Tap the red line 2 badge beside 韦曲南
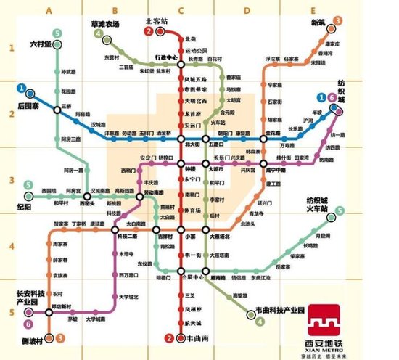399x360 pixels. [x=168, y=338]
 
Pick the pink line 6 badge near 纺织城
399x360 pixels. [x=331, y=98]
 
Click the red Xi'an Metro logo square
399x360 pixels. [x=327, y=320]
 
